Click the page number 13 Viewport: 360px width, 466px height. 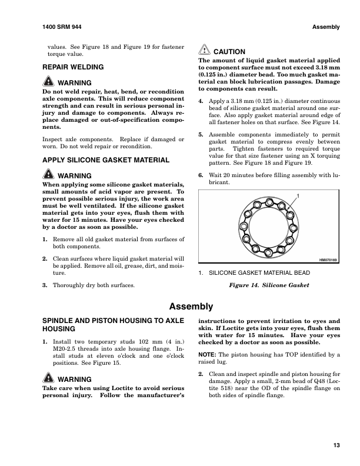coord(336,445)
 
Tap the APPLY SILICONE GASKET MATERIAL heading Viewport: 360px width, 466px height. coord(106,160)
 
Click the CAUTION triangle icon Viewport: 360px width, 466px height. coord(204,51)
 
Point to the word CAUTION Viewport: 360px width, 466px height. coord(229,52)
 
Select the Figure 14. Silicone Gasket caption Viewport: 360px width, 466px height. coord(269,285)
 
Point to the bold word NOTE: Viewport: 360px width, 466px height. coord(207,355)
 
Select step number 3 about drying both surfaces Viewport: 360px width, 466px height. coord(45,285)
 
